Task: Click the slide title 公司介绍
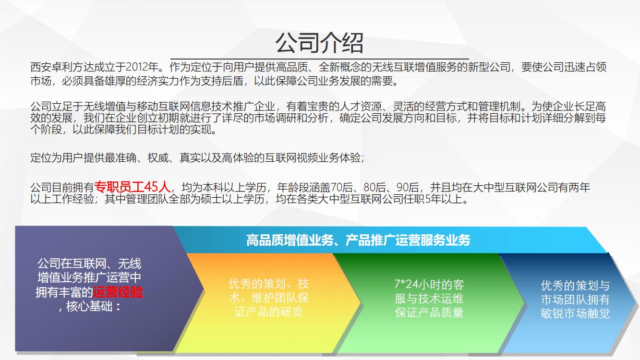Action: click(319, 43)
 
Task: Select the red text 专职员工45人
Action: click(133, 187)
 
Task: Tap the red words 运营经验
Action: click(118, 292)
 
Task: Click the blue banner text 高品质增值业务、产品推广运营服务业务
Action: click(358, 240)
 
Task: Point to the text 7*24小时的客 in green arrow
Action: click(429, 284)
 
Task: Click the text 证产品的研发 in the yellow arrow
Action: click(268, 312)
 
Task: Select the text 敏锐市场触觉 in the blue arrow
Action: click(575, 313)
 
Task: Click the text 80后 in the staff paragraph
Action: click(374, 187)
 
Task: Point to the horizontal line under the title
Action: click(319, 59)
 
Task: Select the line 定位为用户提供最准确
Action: click(84, 157)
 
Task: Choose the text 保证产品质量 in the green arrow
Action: click(429, 312)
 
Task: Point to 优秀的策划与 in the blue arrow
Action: click(575, 286)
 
